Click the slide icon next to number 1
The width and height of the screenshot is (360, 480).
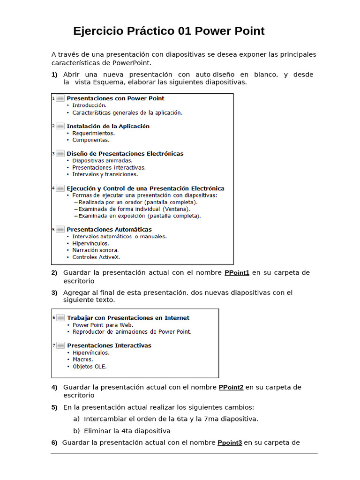coord(60,98)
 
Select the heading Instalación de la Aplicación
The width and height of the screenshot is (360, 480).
coord(108,126)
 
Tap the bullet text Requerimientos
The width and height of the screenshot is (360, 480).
coord(93,133)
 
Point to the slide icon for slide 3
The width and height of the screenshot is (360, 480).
coord(60,154)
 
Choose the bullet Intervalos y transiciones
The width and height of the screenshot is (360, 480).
coord(105,174)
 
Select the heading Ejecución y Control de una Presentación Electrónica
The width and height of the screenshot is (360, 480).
coord(145,188)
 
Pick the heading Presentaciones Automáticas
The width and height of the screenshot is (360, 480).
coord(109,230)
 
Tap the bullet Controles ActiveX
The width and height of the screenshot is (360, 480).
coord(96,257)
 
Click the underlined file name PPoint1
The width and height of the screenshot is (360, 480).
coord(237,273)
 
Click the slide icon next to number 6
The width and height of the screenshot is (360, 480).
coord(60,318)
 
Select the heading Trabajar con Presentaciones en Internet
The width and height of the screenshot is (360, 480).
coord(128,318)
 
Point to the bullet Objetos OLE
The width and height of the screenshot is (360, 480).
coord(90,367)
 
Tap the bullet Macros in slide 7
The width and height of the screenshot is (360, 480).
coord(82,360)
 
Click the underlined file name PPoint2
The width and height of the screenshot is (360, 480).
coord(231,388)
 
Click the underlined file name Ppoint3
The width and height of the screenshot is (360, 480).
coord(230,442)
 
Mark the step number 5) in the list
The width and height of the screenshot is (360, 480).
coord(54,407)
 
